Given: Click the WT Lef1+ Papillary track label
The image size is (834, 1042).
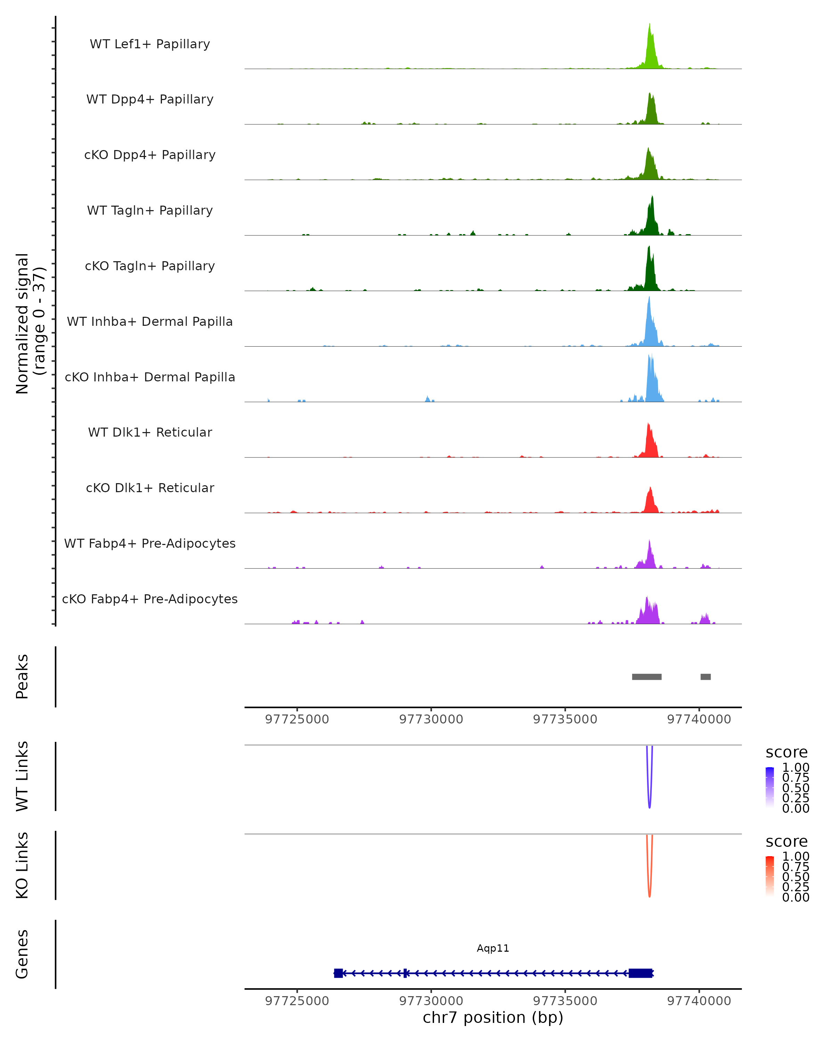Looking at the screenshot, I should (x=150, y=44).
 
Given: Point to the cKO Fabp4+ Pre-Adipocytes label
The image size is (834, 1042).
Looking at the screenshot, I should (x=150, y=599).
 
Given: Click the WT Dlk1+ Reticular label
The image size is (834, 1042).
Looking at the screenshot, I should (x=150, y=432).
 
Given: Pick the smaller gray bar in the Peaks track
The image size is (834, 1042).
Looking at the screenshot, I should (x=705, y=677).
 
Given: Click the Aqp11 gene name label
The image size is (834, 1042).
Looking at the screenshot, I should (x=493, y=948).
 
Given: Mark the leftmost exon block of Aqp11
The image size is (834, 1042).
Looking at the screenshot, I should (x=338, y=973).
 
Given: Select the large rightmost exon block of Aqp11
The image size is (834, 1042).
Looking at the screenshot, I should (x=640, y=973).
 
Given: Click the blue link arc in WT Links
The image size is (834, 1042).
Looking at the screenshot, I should (x=649, y=802).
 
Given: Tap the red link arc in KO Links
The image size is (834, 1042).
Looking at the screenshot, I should (x=649, y=892).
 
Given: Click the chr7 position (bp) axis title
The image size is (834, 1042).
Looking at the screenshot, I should (x=493, y=1017).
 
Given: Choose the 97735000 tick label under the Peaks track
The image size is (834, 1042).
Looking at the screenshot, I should (x=565, y=719).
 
